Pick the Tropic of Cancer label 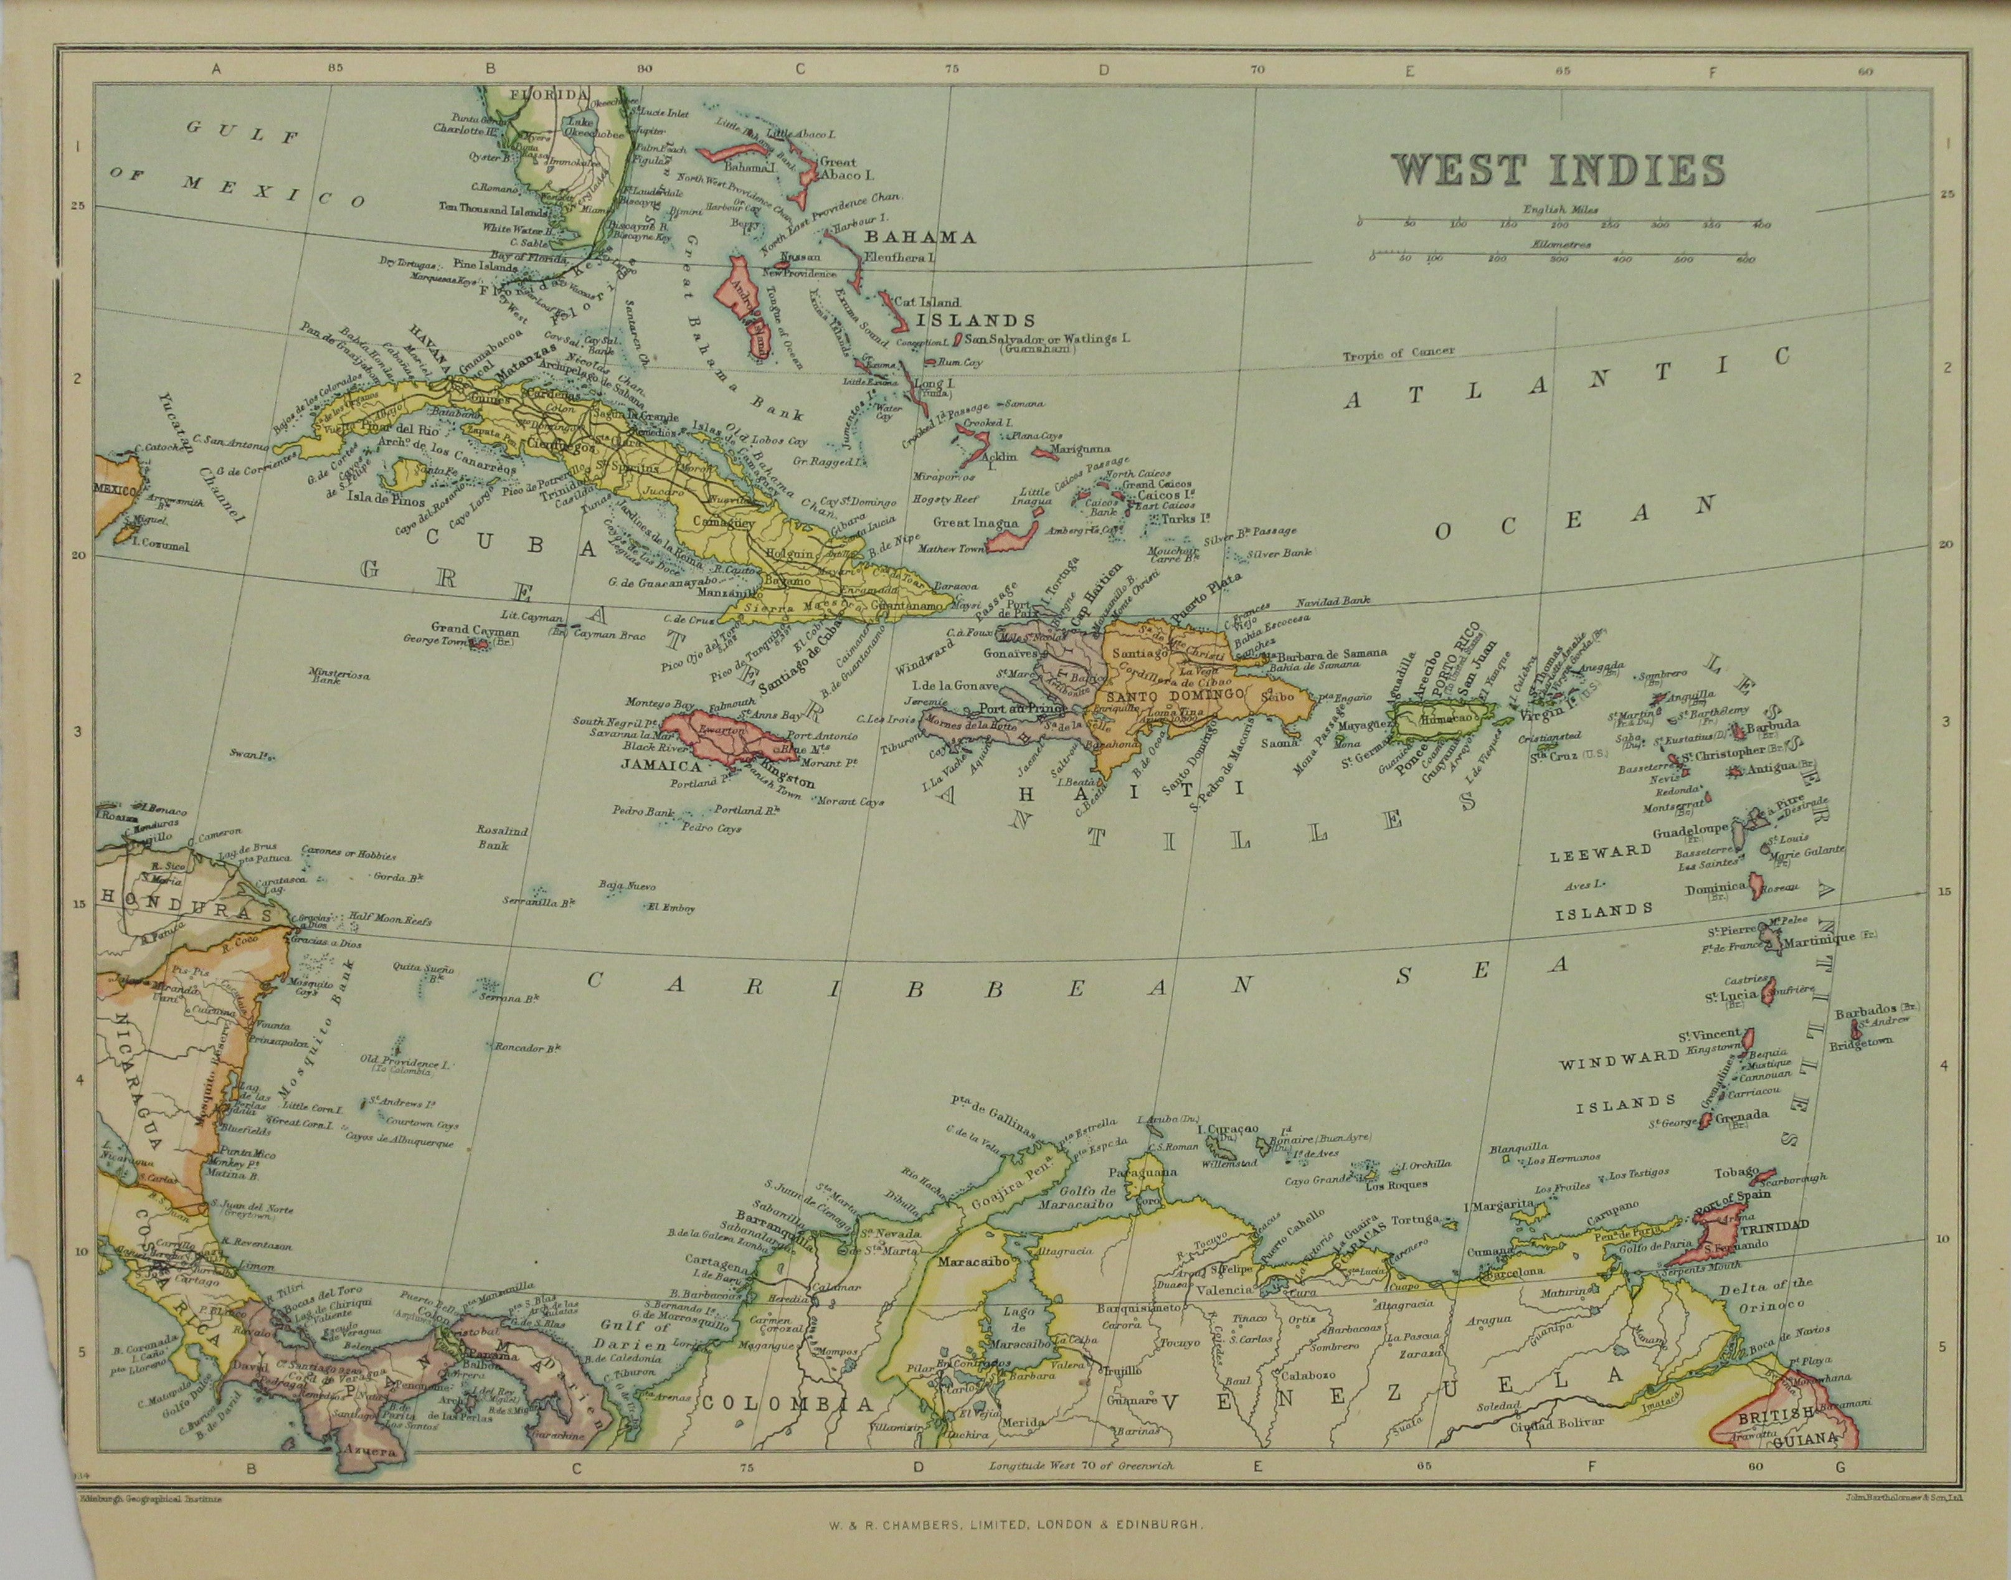point(1399,353)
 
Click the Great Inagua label point(970,523)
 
